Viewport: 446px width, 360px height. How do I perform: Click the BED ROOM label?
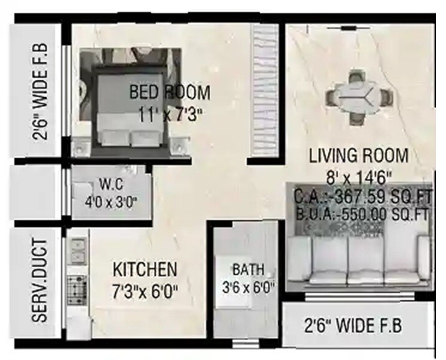click(x=169, y=93)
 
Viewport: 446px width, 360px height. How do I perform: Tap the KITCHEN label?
click(x=145, y=270)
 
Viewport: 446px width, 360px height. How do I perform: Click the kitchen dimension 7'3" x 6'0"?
click(x=145, y=291)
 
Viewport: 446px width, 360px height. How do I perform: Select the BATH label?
click(x=248, y=270)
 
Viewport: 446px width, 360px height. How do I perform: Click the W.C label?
click(x=111, y=184)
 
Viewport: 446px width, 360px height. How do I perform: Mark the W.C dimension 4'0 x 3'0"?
click(x=111, y=201)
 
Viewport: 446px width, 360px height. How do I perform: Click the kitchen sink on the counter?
click(x=77, y=250)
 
